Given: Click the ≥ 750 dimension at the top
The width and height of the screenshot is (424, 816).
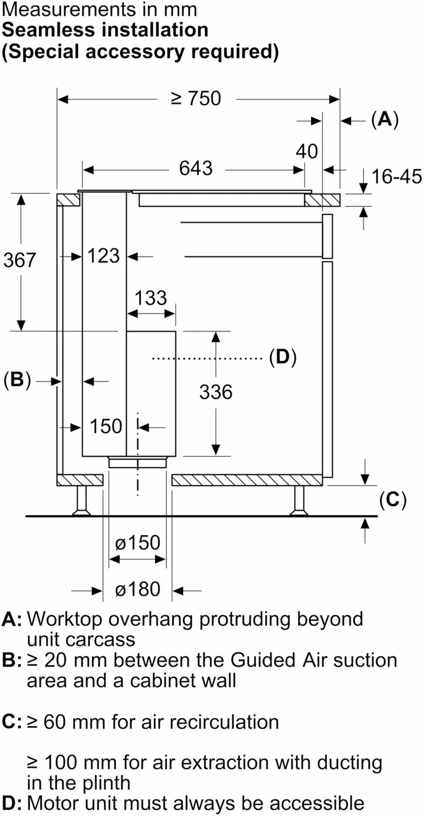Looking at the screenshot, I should pyautogui.click(x=196, y=98).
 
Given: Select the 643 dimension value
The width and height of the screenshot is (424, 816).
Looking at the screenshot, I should pyautogui.click(x=196, y=169).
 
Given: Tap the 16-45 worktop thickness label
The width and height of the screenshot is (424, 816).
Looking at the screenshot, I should pyautogui.click(x=397, y=177).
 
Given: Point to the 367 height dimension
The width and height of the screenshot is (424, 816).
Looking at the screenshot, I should pyautogui.click(x=20, y=260).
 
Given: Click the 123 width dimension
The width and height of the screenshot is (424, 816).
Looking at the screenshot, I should pyautogui.click(x=103, y=256).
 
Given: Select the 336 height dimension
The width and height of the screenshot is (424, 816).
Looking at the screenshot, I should pyautogui.click(x=216, y=392).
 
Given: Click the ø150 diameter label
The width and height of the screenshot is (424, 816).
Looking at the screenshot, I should pyautogui.click(x=137, y=543).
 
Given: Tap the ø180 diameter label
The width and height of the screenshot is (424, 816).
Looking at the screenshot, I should pyautogui.click(x=137, y=589).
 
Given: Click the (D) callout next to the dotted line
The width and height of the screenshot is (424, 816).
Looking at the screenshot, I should pyautogui.click(x=283, y=357).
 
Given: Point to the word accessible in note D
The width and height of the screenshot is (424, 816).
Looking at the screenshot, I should pyautogui.click(x=317, y=803).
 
